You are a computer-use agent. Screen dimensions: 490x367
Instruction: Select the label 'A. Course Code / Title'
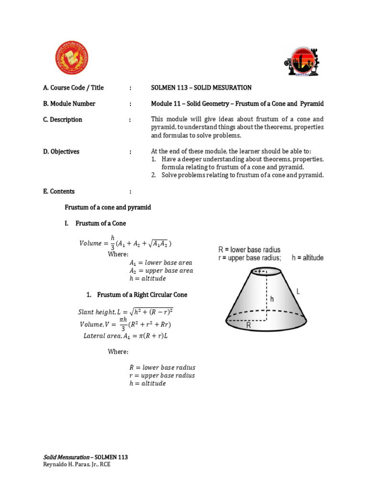[x=73, y=88]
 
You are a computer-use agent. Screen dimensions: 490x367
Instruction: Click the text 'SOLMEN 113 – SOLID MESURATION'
[x=201, y=88]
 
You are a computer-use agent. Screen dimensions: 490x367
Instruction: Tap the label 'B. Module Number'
[x=69, y=103]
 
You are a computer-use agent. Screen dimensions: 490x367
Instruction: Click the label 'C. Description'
[x=63, y=120]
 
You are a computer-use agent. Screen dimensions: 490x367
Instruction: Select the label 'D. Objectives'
[x=61, y=152]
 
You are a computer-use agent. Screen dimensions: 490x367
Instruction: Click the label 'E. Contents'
[x=59, y=191]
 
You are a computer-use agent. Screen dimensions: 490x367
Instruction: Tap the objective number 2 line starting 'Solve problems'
[x=242, y=175]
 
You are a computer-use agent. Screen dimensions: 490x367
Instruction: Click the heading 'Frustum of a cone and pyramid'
[x=108, y=207]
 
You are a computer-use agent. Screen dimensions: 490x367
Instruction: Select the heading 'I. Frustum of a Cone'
[x=101, y=223]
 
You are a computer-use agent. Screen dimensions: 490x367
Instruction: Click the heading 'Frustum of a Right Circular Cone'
[x=142, y=295]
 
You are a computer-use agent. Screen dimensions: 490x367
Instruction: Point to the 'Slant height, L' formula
[x=125, y=312]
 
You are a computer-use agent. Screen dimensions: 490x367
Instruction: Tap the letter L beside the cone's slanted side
[x=298, y=291]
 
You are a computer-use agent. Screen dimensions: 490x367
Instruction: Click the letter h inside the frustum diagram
[x=272, y=299]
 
